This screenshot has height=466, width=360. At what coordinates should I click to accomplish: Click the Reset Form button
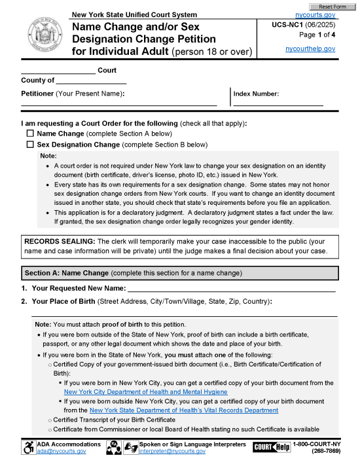click(333, 6)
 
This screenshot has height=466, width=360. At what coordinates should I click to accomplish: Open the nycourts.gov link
click(315, 14)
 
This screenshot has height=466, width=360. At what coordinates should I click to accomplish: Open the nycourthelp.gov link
click(310, 49)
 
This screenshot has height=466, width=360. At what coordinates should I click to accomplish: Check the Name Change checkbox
click(30, 133)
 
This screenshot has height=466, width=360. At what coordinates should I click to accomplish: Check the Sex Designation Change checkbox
click(30, 145)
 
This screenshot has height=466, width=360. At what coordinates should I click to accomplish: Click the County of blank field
click(91, 81)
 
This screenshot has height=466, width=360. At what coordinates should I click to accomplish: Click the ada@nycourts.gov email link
click(60, 452)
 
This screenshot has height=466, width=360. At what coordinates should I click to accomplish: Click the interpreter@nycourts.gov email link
click(172, 452)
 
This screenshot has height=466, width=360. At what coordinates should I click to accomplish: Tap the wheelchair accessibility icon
click(29, 448)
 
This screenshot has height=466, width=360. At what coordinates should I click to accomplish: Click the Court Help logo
click(272, 447)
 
